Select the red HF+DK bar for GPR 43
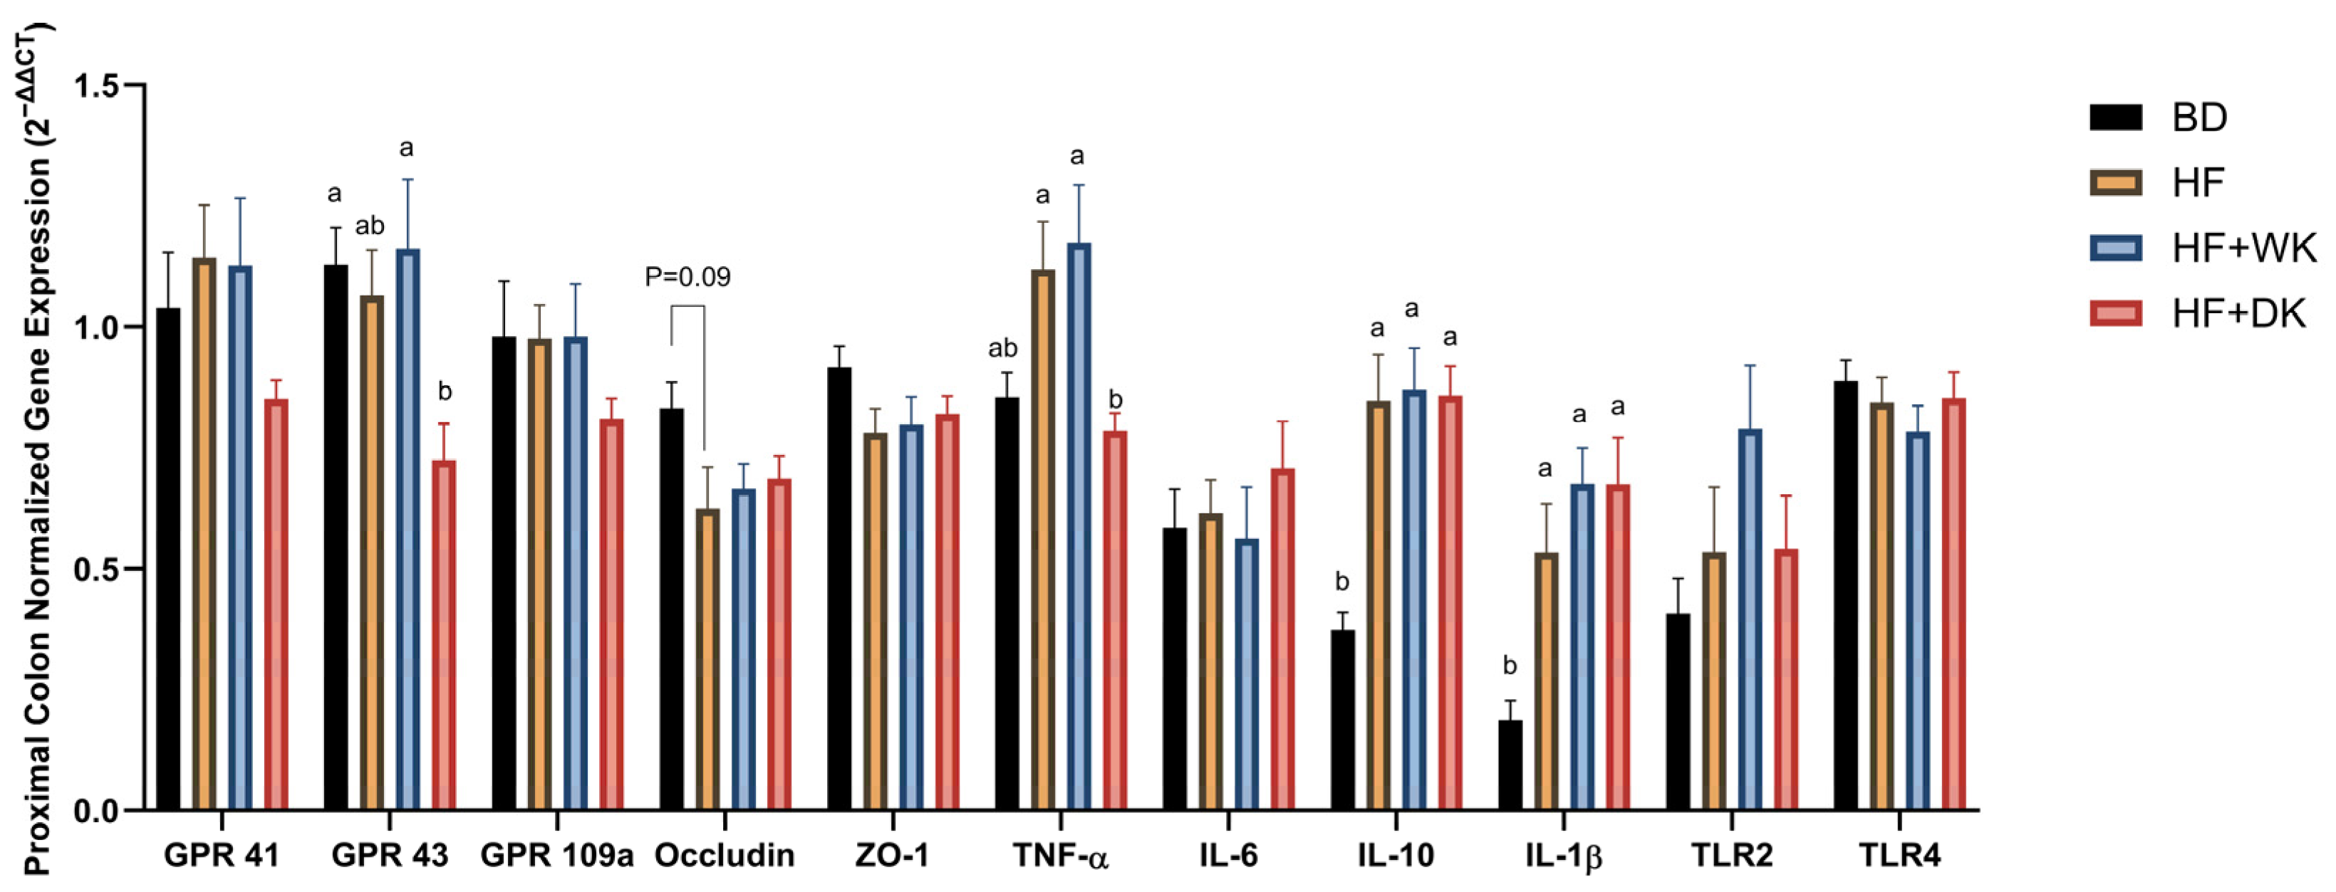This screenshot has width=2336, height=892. pyautogui.click(x=443, y=634)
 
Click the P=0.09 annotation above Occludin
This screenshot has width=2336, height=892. pyautogui.click(x=687, y=276)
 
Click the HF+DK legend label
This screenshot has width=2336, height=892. pyautogui.click(x=2238, y=314)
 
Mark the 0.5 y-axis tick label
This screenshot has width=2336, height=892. pyautogui.click(x=96, y=570)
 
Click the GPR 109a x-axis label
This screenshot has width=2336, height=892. pyautogui.click(x=556, y=855)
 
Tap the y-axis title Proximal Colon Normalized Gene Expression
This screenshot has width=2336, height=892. pyautogui.click(x=36, y=453)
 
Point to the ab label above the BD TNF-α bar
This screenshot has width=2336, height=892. pyautogui.click(x=1002, y=348)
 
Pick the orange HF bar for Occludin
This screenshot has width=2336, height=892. pyautogui.click(x=707, y=659)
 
